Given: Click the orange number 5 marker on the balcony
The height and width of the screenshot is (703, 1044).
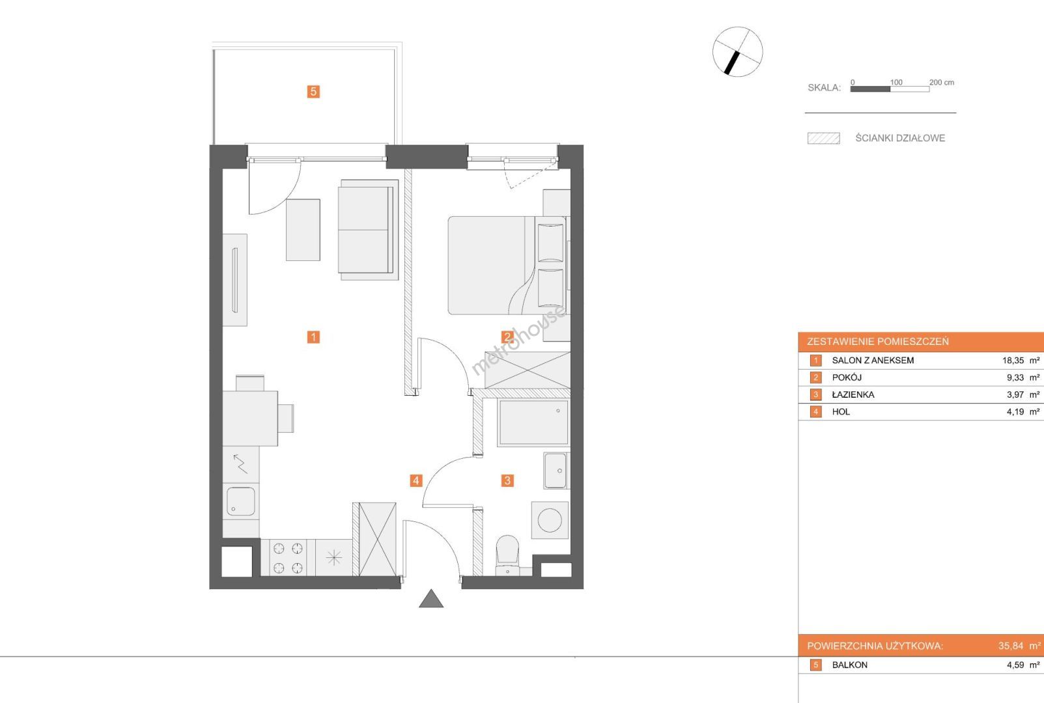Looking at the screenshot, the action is [313, 91].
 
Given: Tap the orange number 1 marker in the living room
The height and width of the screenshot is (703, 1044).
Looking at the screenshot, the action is [313, 337].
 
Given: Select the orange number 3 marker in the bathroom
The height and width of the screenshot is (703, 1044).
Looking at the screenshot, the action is [507, 480].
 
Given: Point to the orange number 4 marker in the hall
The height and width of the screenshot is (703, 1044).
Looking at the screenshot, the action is [416, 480].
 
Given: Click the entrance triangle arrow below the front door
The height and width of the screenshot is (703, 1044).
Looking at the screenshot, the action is [431, 599].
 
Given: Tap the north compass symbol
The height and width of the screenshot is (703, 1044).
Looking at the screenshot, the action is [737, 51].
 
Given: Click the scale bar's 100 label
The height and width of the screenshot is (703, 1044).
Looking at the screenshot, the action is [896, 83].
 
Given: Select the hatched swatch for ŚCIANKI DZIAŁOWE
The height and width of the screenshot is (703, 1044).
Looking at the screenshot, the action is [824, 139].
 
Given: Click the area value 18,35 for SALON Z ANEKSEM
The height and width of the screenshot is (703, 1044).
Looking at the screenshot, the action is [1013, 360].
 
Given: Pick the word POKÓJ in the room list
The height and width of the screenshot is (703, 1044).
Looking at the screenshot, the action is [847, 378].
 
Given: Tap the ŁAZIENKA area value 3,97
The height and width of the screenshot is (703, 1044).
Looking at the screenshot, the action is [1015, 394].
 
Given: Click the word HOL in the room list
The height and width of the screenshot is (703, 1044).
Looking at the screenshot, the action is [841, 412].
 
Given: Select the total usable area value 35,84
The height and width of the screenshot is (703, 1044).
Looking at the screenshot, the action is [1010, 646].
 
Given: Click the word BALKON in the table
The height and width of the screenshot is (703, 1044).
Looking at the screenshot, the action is [850, 665].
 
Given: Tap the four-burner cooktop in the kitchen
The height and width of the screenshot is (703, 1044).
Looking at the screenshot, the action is [288, 558].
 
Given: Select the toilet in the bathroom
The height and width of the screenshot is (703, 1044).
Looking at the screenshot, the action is [507, 555].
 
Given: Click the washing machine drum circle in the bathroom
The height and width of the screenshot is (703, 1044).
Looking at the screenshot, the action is [550, 520].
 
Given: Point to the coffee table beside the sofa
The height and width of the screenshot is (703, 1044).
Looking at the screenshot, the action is [303, 230].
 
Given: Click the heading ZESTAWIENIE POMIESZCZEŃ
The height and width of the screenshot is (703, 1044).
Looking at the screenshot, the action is [878, 342].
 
